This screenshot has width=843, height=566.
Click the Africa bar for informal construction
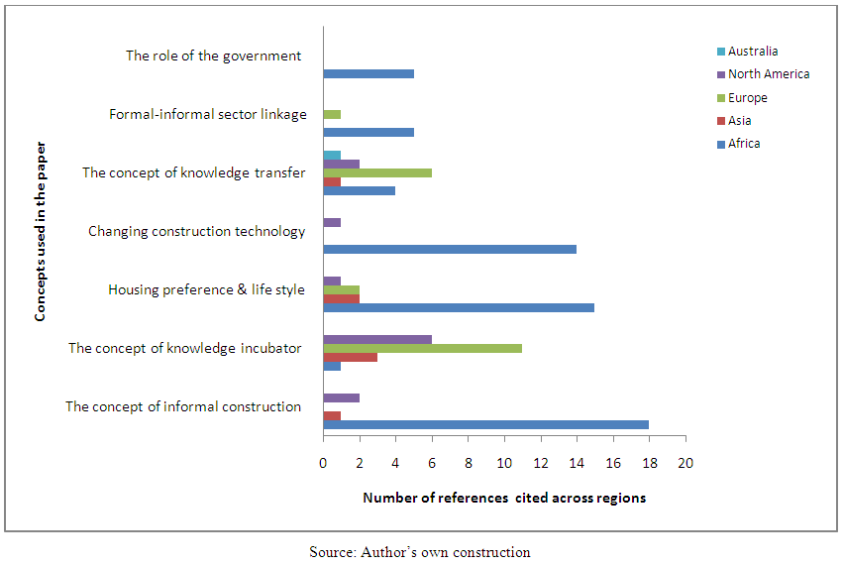click(485, 424)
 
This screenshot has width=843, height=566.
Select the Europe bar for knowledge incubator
click(422, 348)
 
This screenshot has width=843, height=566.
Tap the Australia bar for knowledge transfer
click(332, 155)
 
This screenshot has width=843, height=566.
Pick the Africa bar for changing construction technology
click(450, 248)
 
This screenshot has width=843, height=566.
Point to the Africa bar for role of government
click(368, 73)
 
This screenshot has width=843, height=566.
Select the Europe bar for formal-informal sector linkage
click(332, 114)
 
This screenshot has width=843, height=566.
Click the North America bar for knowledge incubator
click(377, 339)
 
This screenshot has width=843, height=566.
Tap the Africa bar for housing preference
click(459, 307)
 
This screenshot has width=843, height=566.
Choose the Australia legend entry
click(752, 51)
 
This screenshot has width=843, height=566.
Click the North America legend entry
click(768, 74)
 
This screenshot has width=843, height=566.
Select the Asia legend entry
click(739, 121)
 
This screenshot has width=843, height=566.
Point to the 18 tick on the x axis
click(649, 463)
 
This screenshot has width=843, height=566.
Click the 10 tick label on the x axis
click(504, 463)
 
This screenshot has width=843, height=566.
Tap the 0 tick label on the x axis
click(323, 463)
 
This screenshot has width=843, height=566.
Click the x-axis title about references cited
click(503, 498)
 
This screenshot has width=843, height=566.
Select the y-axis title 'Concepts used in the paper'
click(41, 230)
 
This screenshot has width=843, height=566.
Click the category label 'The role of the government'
click(213, 56)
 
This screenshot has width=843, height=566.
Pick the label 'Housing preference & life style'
click(206, 289)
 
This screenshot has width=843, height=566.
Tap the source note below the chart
click(420, 551)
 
